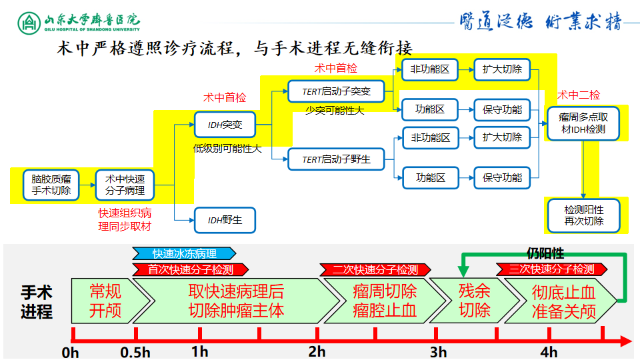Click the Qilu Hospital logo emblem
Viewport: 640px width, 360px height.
[29, 22]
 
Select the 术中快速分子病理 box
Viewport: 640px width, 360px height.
[125, 185]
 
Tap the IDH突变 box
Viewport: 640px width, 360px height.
[224, 125]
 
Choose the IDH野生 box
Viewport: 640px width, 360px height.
[224, 220]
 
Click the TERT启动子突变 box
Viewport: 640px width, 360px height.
[336, 91]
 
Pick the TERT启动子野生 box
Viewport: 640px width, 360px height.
[336, 160]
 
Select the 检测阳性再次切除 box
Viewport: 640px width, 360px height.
[583, 216]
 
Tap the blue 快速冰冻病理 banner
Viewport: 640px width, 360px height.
[184, 254]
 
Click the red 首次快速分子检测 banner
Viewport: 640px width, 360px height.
[190, 269]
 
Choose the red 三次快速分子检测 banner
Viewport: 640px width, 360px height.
[551, 269]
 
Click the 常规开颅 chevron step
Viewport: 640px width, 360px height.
[105, 301]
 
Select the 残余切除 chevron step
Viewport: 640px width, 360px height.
[473, 301]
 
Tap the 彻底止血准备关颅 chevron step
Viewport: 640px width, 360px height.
[563, 301]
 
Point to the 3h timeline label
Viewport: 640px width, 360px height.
[438, 351]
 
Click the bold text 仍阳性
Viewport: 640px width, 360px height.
[545, 253]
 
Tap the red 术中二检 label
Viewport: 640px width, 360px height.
[578, 95]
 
